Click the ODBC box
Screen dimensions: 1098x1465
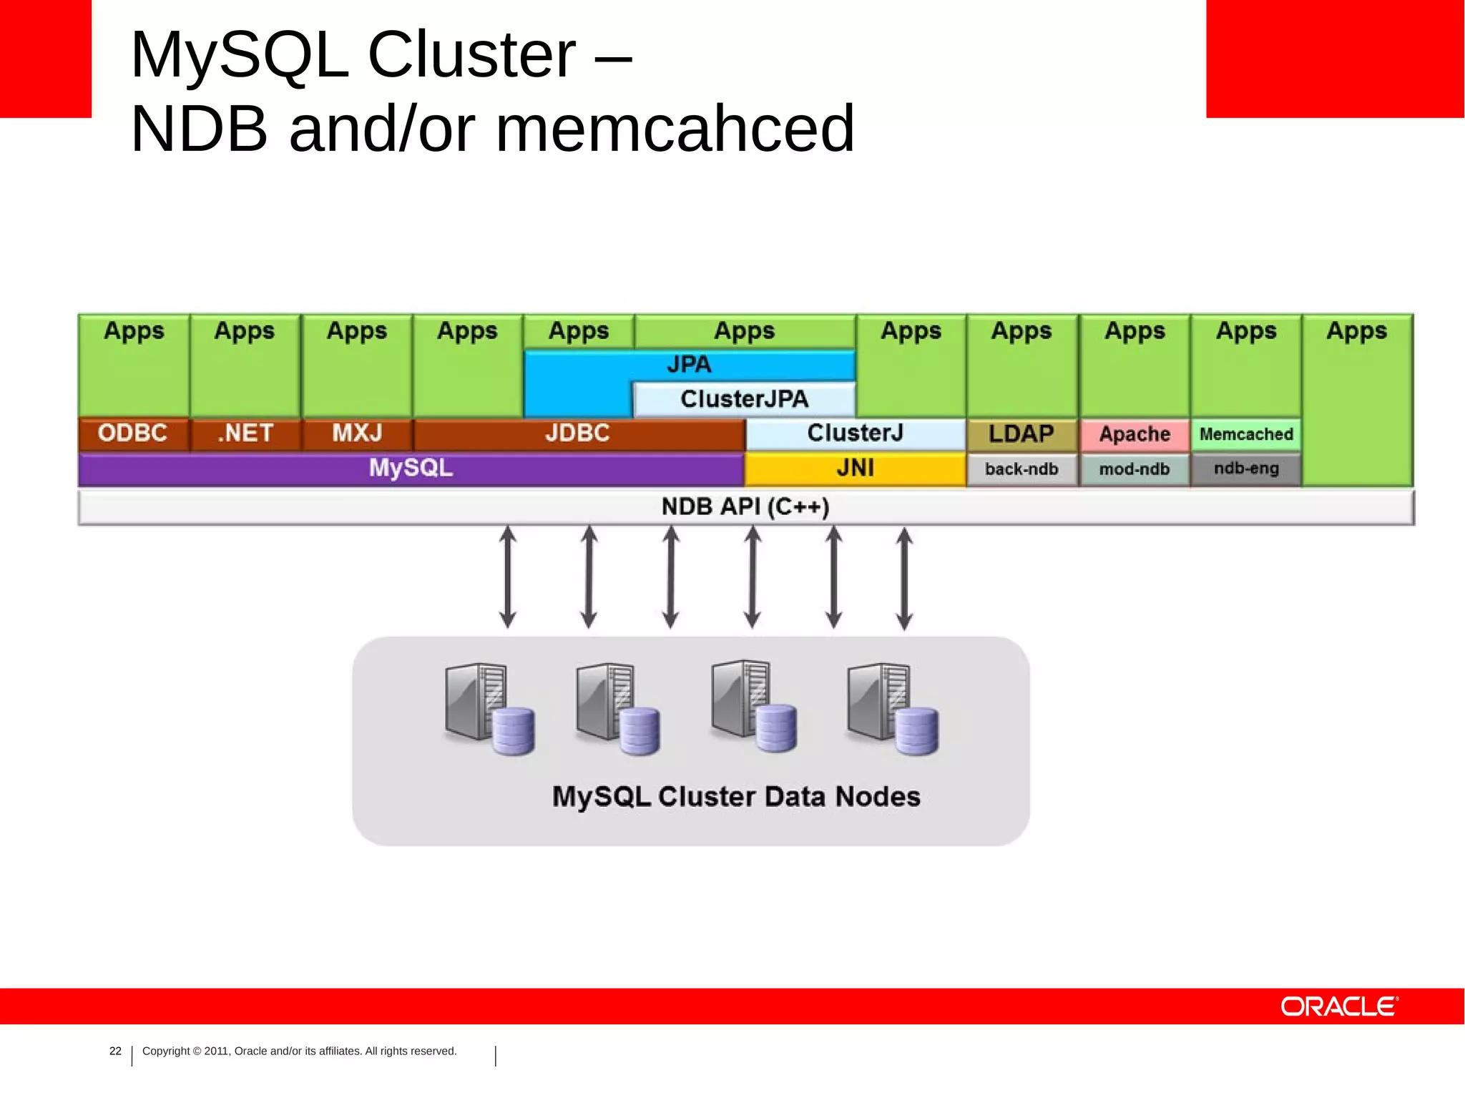click(133, 433)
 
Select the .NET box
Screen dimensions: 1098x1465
click(245, 433)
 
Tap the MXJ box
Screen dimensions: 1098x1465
click(357, 433)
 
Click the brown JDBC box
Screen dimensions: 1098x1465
click(578, 433)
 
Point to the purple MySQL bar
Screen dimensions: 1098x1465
click(411, 469)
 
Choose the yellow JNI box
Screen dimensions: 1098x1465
click(855, 469)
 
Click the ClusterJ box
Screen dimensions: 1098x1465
click(855, 433)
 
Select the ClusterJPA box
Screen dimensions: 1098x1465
click(744, 399)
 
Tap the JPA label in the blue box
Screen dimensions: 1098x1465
click(689, 365)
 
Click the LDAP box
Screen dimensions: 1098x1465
click(1021, 434)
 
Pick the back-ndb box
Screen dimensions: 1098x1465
click(1021, 469)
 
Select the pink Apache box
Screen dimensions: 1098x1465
click(1135, 434)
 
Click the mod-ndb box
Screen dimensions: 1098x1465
click(1135, 469)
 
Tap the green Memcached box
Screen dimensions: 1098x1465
click(1246, 434)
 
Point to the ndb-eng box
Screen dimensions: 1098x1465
click(1246, 469)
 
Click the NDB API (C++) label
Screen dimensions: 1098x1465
click(745, 507)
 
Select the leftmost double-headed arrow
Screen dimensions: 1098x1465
click(508, 577)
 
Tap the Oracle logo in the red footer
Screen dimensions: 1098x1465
click(1339, 1006)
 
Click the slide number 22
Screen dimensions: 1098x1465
click(115, 1051)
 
